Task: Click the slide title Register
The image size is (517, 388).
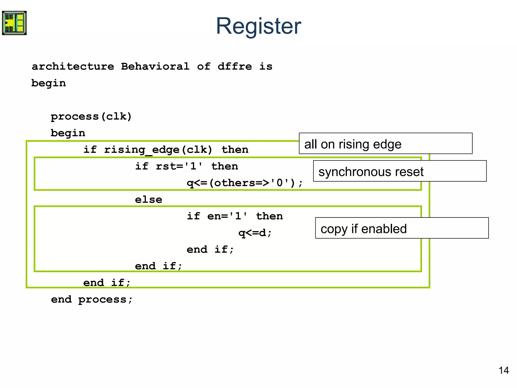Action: (x=258, y=26)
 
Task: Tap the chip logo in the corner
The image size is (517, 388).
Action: (x=14, y=23)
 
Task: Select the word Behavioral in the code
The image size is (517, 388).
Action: (x=155, y=66)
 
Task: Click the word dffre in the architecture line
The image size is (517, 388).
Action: (x=235, y=66)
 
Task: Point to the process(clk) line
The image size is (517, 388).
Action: (x=91, y=116)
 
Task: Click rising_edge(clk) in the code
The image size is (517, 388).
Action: (x=158, y=150)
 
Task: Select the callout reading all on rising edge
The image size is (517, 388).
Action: (x=385, y=144)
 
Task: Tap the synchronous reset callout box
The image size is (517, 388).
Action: (x=400, y=171)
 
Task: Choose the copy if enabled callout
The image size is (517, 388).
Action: (x=402, y=228)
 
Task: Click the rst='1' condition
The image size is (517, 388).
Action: (x=179, y=166)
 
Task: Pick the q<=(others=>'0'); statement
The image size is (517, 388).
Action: (x=244, y=183)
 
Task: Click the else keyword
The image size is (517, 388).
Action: (x=148, y=200)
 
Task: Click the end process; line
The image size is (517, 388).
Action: (x=92, y=300)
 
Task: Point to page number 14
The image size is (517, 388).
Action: (x=504, y=371)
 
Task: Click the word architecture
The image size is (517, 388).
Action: (x=73, y=66)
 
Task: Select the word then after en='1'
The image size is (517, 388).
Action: (x=269, y=216)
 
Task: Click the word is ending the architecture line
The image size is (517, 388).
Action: (x=266, y=66)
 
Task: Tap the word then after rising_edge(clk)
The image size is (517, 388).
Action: (x=235, y=150)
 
